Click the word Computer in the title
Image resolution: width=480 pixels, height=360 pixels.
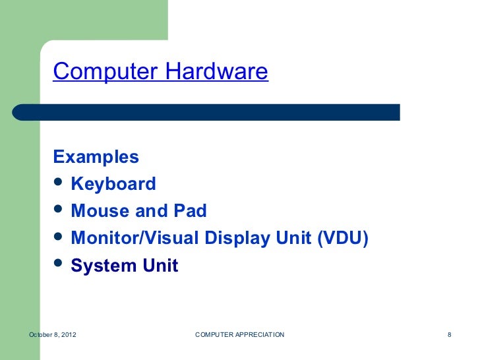point(103,71)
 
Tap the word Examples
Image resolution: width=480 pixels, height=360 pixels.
point(96,157)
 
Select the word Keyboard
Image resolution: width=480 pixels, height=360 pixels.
point(113,184)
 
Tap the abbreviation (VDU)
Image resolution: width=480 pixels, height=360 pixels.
point(341,238)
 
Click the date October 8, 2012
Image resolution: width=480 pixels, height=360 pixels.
point(53,336)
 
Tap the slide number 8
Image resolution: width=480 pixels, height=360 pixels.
point(449,336)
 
